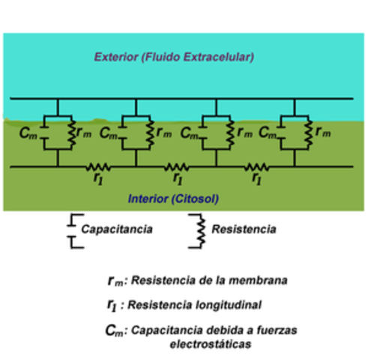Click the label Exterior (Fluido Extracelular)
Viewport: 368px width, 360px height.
pos(174,56)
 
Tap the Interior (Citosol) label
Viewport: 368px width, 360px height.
pos(174,199)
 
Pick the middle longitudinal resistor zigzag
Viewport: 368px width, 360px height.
pos(177,166)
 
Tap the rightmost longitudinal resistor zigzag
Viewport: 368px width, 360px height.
pos(257,166)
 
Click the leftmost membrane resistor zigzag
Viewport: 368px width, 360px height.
pos(73,132)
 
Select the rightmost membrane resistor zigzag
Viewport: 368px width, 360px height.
pos(307,132)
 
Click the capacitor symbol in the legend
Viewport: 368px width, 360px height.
pos(72,229)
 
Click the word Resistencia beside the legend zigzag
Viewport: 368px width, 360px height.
pos(244,229)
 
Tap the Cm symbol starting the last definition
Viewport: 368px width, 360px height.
pos(116,330)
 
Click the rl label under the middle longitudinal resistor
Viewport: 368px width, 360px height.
pos(177,179)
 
